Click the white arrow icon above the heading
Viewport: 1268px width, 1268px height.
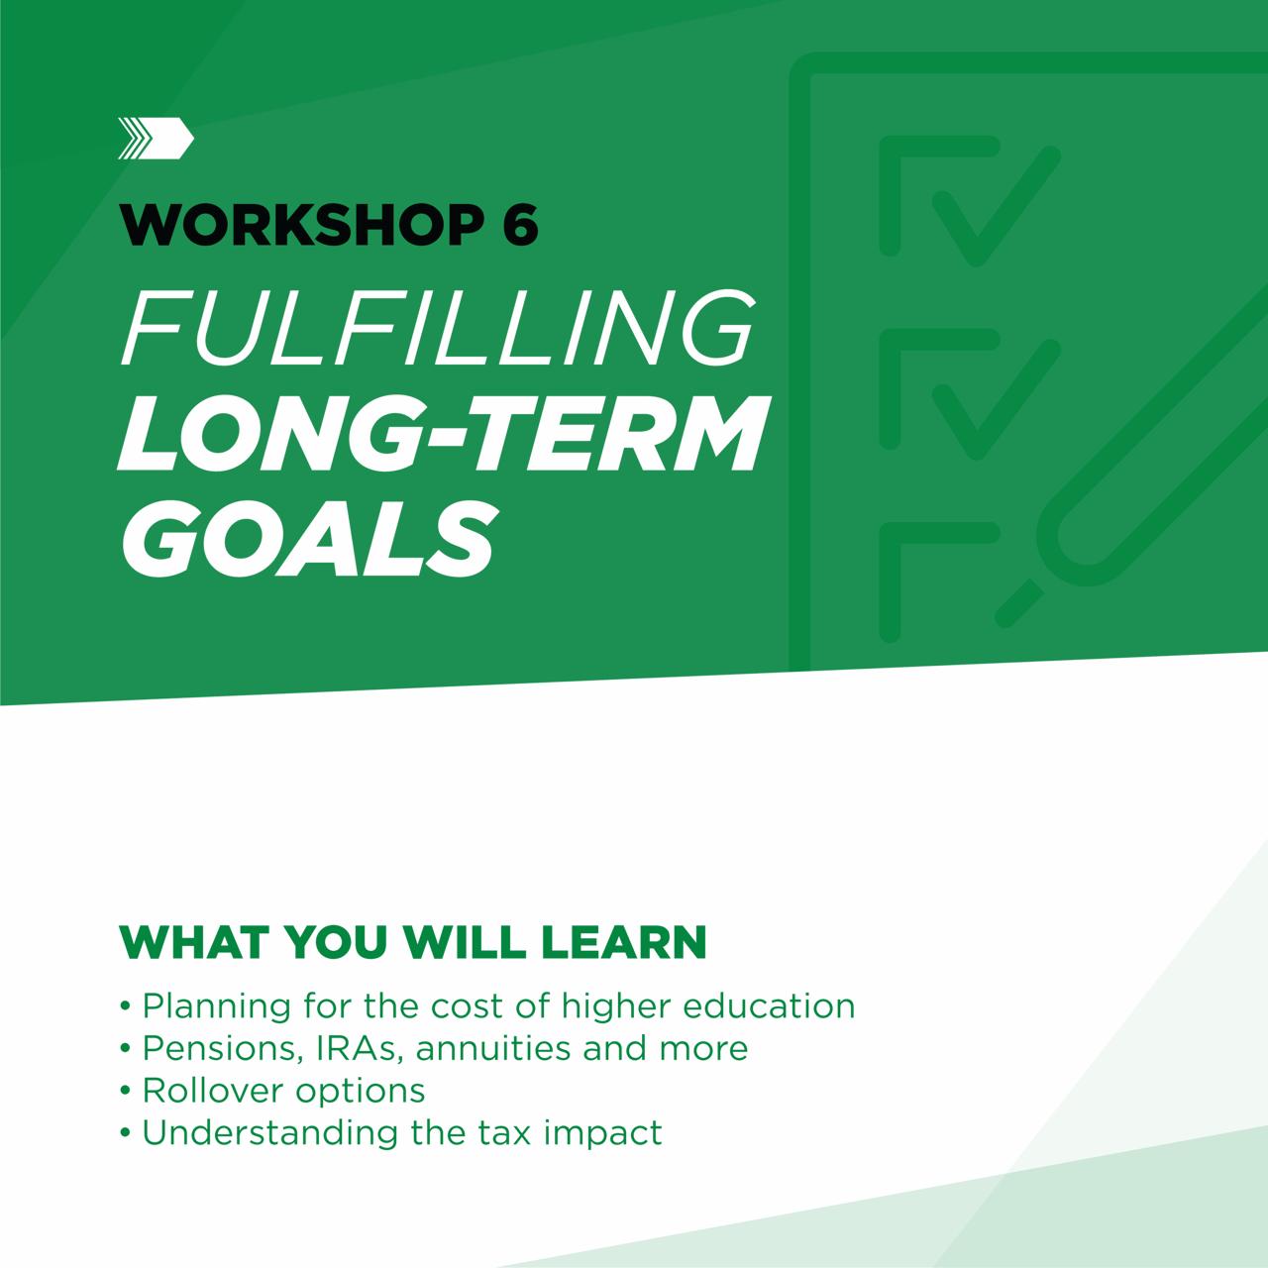pyautogui.click(x=156, y=138)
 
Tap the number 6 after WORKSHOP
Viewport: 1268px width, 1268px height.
pyautogui.click(x=520, y=226)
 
